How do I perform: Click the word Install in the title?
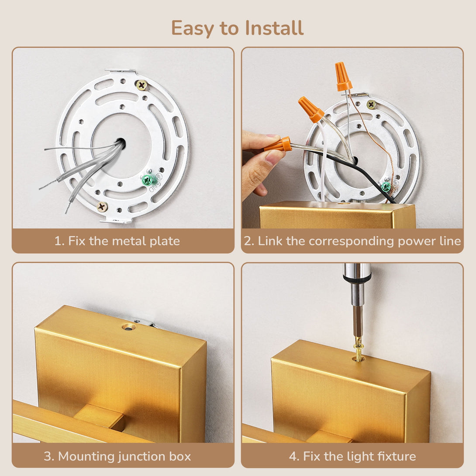tap(274, 28)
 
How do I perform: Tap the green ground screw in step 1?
tap(148, 180)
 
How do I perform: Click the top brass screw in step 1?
tap(141, 85)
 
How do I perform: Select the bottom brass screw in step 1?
tap(102, 207)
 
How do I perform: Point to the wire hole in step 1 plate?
tap(121, 143)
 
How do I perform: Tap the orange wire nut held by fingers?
tap(278, 145)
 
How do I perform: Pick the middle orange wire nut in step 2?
tap(311, 109)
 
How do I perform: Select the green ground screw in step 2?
tap(386, 186)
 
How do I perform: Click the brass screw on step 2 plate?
tap(371, 105)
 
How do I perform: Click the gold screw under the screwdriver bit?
tap(359, 352)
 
